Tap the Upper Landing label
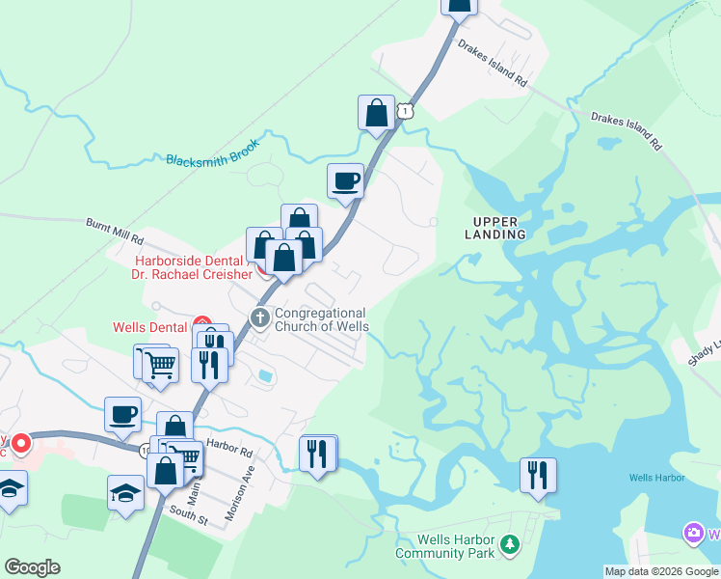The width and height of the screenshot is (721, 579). point(495,227)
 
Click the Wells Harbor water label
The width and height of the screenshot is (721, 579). point(656,478)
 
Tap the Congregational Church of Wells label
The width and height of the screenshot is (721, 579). point(321,319)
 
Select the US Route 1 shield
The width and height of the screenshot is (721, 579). point(409,112)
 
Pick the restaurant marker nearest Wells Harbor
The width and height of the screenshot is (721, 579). point(538,475)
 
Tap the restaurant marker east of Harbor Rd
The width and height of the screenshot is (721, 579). point(318,453)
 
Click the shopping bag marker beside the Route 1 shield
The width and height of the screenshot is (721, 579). point(376,113)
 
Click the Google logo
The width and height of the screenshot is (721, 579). point(33,567)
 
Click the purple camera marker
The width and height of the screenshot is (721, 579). point(693,533)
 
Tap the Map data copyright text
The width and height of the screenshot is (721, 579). point(661,571)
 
